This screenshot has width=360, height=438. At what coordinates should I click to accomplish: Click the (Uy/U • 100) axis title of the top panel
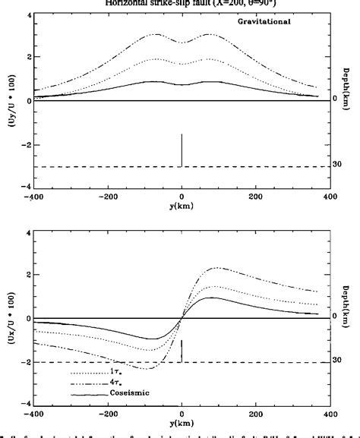8,102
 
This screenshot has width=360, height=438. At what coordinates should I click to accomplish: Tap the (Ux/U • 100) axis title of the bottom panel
8,320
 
